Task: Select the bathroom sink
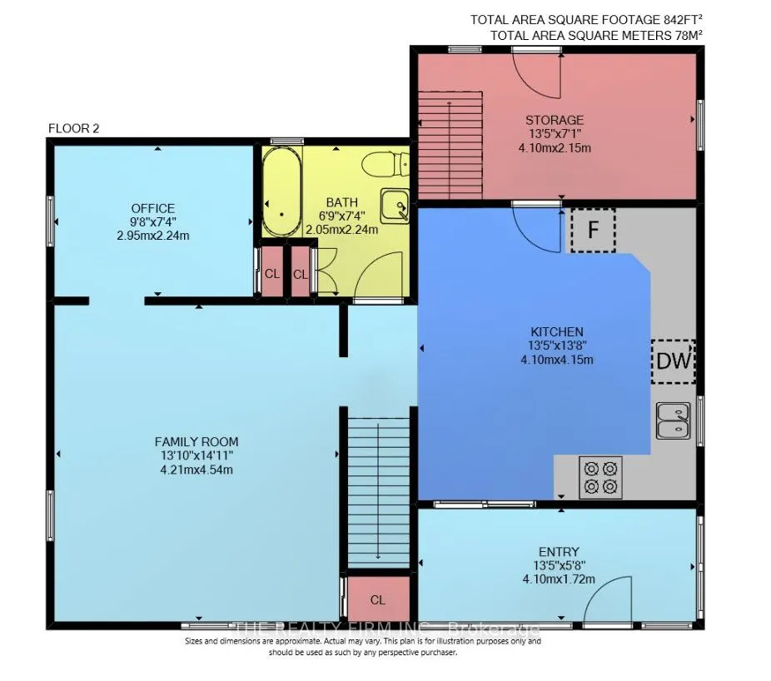pos(395,206)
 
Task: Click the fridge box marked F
pos(593,230)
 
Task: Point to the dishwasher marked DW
pos(674,361)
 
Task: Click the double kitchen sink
pos(673,420)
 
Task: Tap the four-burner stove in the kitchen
pos(600,477)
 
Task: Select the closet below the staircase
pos(378,599)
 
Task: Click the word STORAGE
pos(555,120)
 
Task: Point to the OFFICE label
pos(153,208)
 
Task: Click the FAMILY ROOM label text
pos(196,441)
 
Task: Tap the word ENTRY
pos(559,552)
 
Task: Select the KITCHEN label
pos(557,332)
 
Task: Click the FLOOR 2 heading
pos(74,128)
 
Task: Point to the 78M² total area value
pos(685,36)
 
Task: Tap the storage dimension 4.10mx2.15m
pos(555,147)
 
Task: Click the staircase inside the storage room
pos(450,146)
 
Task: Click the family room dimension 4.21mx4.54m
pos(196,470)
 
